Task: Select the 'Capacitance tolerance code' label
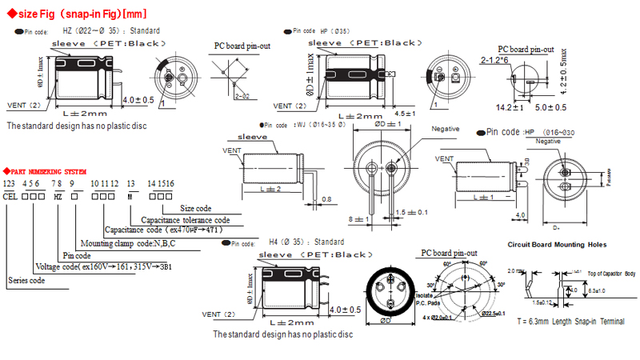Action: click(186, 219)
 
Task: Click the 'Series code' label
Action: click(26, 281)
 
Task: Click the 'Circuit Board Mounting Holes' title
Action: click(557, 244)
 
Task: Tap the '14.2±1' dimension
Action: click(510, 107)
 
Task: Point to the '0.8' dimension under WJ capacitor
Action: click(326, 199)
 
